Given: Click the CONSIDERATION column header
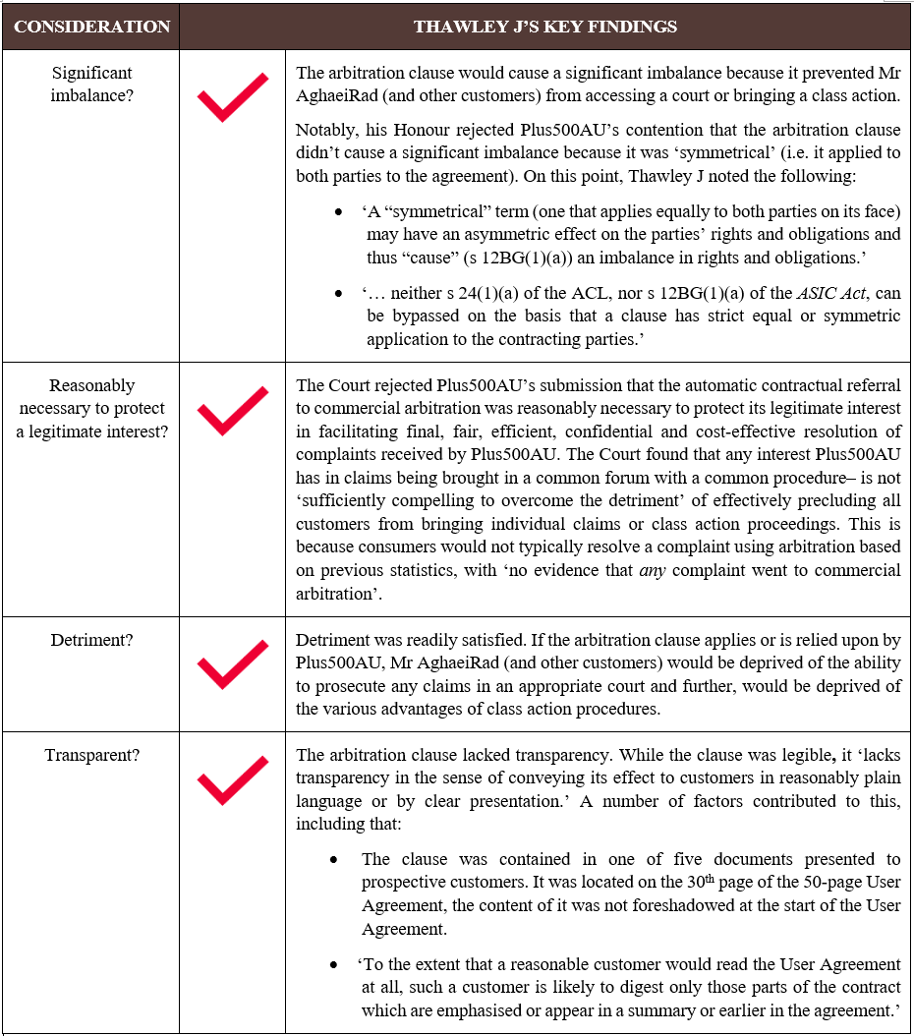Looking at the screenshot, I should coord(91,27).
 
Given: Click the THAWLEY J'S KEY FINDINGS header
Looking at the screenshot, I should coord(544,27).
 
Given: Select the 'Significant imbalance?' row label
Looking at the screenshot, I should coord(91,85).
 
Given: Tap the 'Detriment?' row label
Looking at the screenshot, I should coord(91,640).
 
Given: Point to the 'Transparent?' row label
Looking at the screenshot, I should coord(91,755).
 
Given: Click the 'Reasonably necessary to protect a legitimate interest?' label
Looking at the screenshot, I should coord(91,408).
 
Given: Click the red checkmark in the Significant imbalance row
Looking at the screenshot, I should coord(233,96).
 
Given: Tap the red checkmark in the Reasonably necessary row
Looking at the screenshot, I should coord(233,410).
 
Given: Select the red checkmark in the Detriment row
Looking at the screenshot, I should coord(233,663).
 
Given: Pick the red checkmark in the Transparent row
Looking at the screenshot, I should coord(233,779).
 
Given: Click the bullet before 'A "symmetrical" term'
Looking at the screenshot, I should coord(339,212).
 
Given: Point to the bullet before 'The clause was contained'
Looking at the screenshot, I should coord(335,859).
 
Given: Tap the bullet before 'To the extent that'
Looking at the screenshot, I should coord(335,965).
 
